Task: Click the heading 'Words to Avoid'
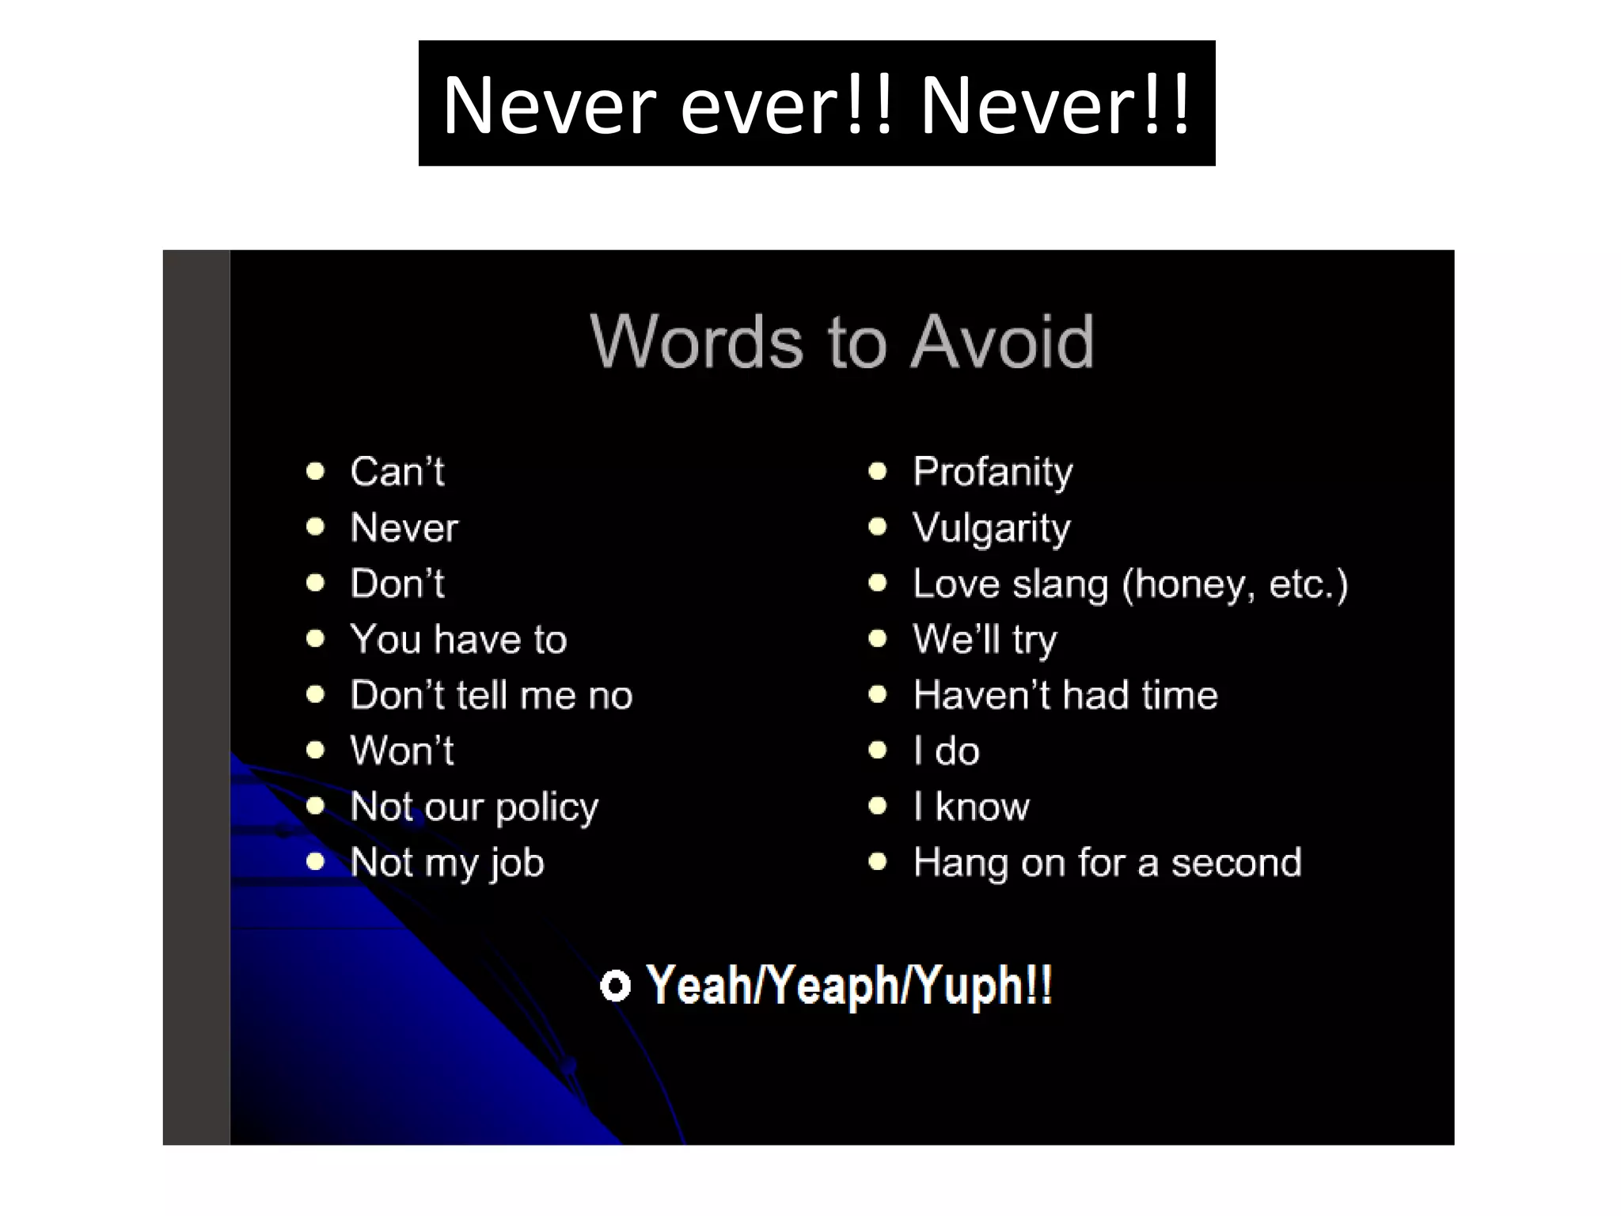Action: [841, 341]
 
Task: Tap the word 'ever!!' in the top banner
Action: [787, 104]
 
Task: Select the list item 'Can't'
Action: [397, 472]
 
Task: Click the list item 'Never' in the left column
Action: [404, 528]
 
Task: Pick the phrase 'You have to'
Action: [458, 640]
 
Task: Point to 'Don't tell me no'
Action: [491, 695]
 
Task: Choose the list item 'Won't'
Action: [402, 750]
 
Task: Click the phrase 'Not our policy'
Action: [474, 807]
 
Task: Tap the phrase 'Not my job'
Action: [447, 863]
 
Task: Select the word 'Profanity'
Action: [993, 472]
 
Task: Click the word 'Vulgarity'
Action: [991, 528]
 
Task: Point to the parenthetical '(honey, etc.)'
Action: [1235, 584]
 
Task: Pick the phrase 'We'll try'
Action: [985, 640]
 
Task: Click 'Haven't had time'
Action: [1065, 695]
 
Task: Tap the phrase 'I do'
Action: [946, 750]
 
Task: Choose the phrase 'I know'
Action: [971, 807]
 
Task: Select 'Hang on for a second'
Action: [1107, 862]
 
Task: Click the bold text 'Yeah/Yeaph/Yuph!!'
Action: [848, 986]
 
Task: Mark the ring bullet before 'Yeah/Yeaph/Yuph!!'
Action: [615, 986]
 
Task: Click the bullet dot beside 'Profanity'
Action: [877, 472]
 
